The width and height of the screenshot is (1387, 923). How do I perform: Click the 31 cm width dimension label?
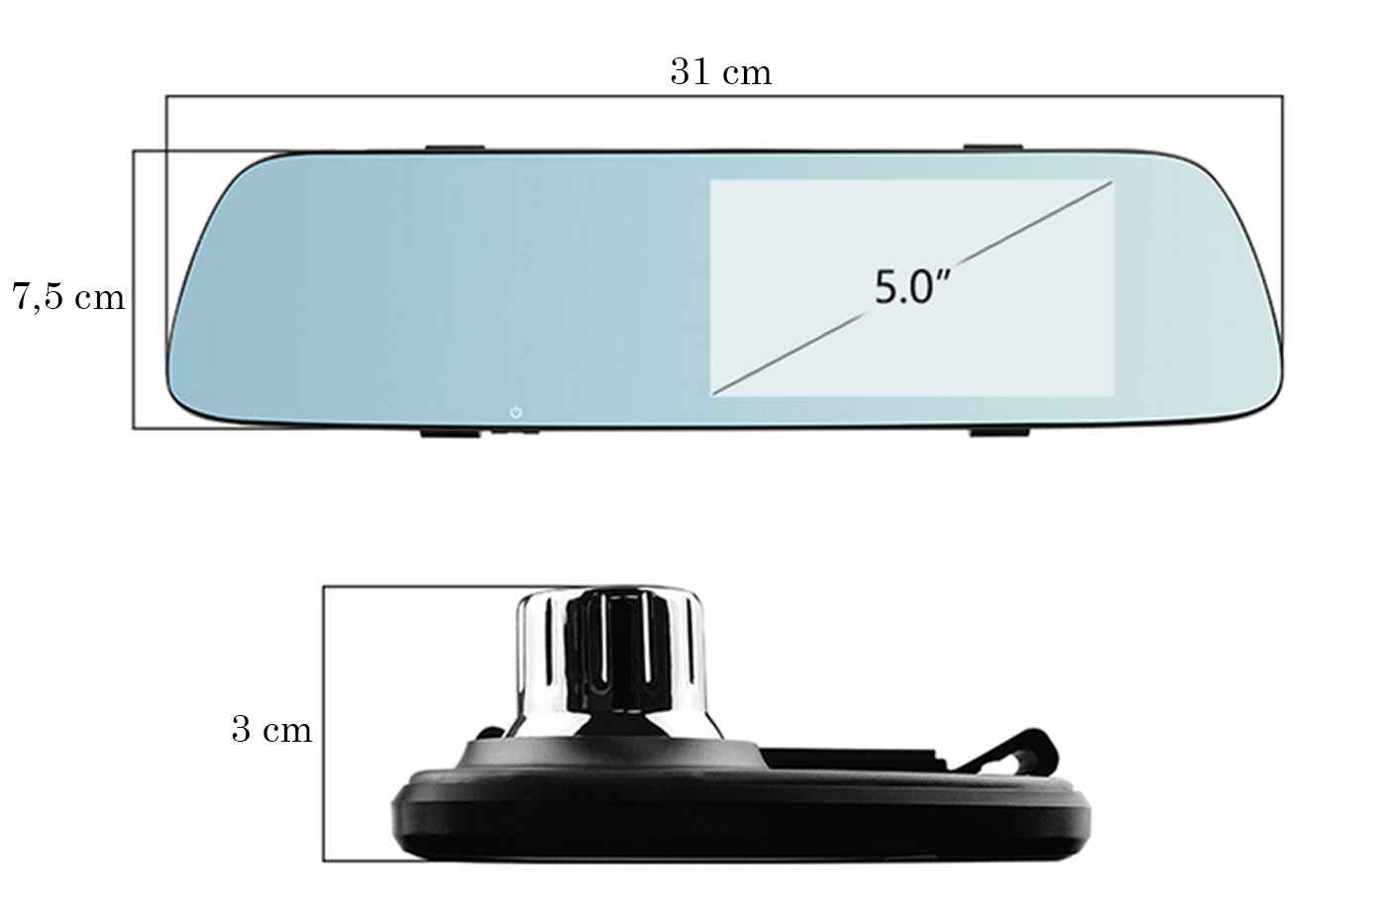[x=721, y=72]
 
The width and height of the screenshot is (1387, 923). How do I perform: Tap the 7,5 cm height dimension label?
[x=68, y=296]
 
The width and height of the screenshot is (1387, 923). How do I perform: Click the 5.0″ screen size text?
[x=911, y=287]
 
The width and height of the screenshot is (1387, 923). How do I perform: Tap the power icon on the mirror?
[x=516, y=412]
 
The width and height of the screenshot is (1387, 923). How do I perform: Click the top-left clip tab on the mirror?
[x=455, y=148]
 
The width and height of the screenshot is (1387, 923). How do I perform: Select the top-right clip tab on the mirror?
[x=993, y=148]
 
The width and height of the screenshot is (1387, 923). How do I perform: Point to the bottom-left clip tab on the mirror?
[x=450, y=433]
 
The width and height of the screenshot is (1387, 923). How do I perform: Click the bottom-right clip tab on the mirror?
[x=1000, y=432]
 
